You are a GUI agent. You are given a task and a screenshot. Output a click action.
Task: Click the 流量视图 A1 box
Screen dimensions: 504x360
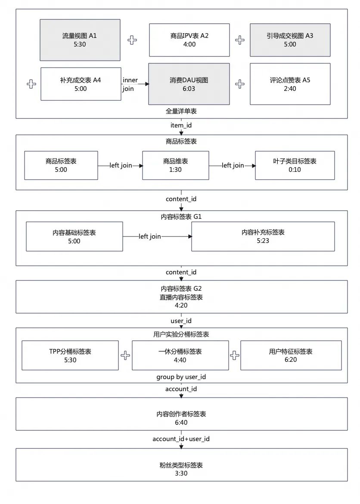tap(80, 40)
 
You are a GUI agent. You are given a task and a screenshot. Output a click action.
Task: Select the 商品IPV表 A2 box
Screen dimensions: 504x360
tap(189, 40)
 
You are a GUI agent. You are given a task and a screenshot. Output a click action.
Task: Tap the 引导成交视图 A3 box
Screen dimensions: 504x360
tap(290, 40)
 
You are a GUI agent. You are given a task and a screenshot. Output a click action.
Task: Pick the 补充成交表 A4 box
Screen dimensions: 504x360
tap(81, 84)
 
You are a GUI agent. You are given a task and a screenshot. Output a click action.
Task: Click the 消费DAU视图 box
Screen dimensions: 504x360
tap(189, 84)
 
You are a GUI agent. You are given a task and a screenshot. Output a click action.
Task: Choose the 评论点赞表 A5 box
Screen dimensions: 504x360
tap(290, 84)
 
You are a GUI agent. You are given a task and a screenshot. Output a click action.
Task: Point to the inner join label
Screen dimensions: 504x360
tap(130, 84)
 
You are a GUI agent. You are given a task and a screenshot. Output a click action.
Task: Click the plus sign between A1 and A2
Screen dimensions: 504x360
tap(132, 40)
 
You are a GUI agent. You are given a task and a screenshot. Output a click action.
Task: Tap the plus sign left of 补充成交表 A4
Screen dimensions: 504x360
tap(31, 84)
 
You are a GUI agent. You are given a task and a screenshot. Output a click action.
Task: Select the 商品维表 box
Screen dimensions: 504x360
tap(175, 165)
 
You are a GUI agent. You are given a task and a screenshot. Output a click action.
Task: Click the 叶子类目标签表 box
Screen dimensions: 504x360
tap(295, 165)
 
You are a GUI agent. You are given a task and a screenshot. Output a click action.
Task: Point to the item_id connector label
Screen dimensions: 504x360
tap(181, 125)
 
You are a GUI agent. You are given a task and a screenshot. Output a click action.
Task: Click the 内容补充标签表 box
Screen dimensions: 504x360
tap(263, 236)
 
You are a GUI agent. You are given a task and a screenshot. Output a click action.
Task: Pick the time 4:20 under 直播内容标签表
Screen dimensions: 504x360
tap(181, 305)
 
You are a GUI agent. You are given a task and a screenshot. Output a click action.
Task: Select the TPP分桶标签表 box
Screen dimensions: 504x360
tap(70, 355)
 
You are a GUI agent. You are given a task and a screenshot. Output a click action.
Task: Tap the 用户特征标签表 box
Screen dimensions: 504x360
tap(291, 355)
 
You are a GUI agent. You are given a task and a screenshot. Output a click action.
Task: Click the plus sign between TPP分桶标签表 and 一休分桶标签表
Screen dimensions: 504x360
tap(125, 355)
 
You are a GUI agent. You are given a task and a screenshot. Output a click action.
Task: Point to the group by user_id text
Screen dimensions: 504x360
tap(181, 377)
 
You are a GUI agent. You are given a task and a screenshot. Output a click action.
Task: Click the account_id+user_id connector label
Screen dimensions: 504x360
tap(181, 439)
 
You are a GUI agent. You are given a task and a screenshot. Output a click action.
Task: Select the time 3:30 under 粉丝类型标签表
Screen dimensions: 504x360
tap(181, 473)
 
